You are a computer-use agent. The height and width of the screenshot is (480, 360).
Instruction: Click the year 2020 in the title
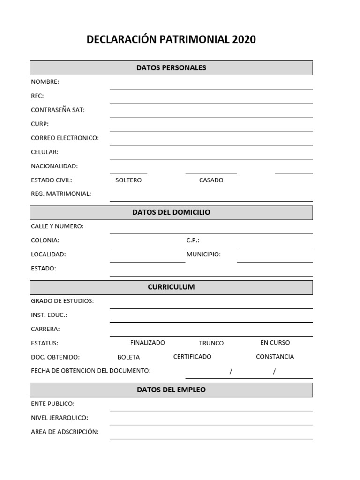[244, 40]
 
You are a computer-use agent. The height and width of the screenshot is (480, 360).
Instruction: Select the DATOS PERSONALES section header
[171, 68]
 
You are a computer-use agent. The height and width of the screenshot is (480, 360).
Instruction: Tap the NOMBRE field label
[45, 82]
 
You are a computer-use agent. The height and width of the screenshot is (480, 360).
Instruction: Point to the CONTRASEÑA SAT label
[58, 110]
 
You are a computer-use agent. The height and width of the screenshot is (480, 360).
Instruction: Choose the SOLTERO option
[128, 180]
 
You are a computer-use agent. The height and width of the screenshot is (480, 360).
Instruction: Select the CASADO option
[211, 180]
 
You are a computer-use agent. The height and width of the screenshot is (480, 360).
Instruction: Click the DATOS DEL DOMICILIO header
[171, 212]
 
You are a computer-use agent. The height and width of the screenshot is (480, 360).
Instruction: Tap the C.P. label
[193, 240]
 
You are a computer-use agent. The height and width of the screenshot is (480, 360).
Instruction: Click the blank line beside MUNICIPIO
[275, 258]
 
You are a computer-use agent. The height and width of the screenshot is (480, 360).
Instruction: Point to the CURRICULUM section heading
[171, 287]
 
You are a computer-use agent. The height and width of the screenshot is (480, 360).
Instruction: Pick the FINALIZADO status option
[148, 343]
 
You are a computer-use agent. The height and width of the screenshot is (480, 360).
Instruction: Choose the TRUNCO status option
[211, 343]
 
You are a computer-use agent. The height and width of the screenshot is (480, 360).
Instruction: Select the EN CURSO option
[275, 343]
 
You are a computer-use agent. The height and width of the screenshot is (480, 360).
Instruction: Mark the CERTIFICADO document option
[192, 357]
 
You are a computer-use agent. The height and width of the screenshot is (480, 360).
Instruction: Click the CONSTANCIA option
[275, 357]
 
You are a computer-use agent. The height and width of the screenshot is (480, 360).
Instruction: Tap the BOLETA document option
[128, 357]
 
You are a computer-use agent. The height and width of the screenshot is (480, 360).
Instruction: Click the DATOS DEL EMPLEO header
[171, 390]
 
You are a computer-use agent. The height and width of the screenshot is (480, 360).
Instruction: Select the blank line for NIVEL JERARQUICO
[211, 421]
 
